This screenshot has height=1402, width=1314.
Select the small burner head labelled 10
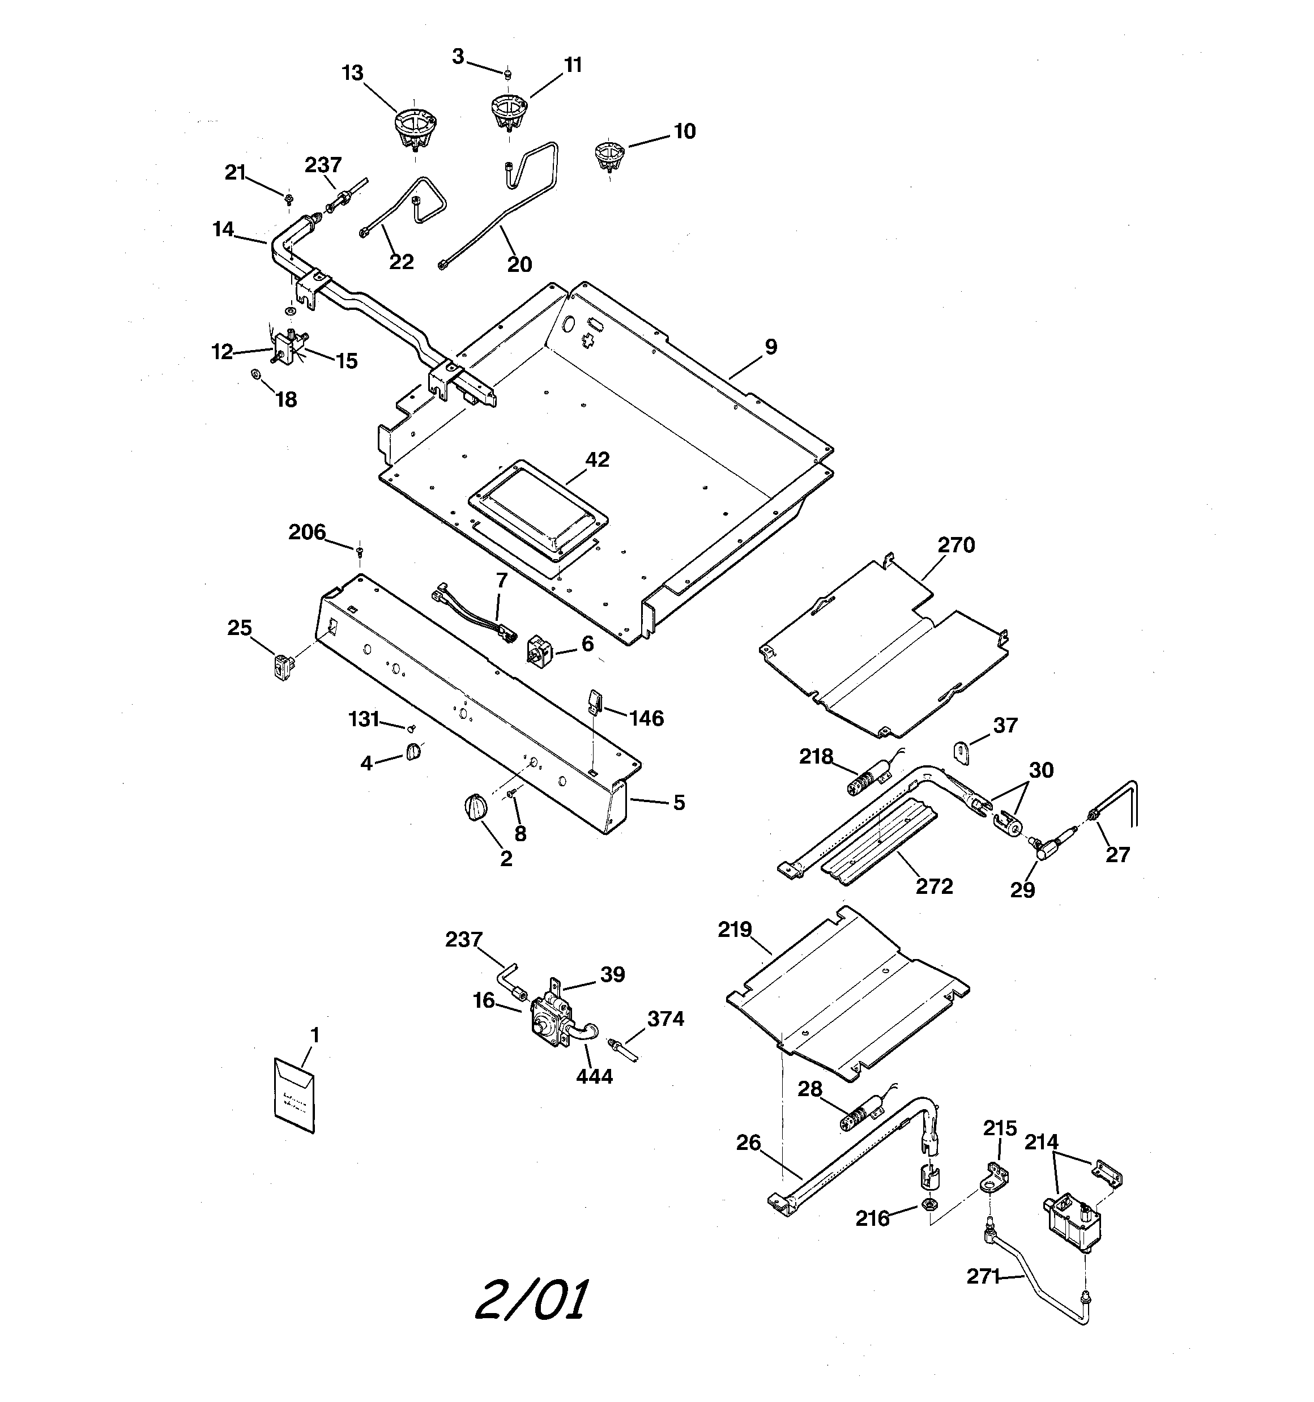(x=609, y=155)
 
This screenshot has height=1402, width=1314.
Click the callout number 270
(x=955, y=545)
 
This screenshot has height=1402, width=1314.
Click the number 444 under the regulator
(x=594, y=1076)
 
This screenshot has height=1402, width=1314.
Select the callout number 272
(x=934, y=887)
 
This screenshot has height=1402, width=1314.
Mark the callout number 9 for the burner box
(x=771, y=347)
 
